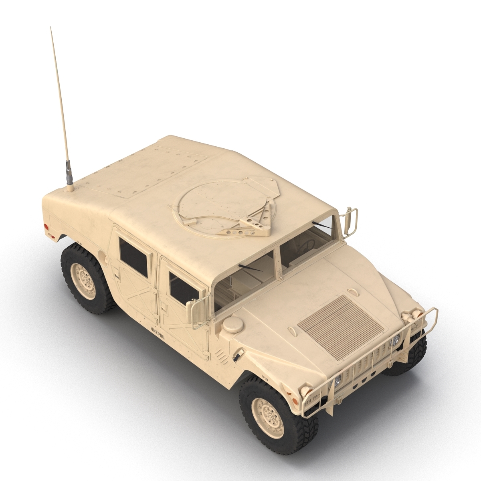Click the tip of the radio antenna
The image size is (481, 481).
tap(51, 28)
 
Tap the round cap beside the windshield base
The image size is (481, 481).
tap(232, 324)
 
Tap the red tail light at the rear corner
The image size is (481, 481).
tap(46, 226)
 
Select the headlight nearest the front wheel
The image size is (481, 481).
tap(338, 380)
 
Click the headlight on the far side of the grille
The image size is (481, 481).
tap(395, 340)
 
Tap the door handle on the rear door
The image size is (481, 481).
tap(116, 276)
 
